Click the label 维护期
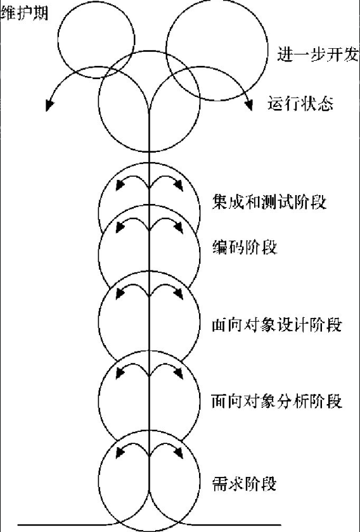25,13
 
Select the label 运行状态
300,103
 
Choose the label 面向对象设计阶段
276,326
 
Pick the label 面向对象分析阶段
276,401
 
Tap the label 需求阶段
244,483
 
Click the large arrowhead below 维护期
50,105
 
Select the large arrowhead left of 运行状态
248,105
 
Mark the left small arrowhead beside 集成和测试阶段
120,184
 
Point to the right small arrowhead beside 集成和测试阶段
179,185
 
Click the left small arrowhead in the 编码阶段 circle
120,227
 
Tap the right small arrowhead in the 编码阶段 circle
179,227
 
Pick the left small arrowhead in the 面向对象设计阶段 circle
120,293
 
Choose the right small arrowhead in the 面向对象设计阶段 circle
179,293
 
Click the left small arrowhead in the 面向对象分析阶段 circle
120,373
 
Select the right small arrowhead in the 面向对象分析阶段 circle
179,373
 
